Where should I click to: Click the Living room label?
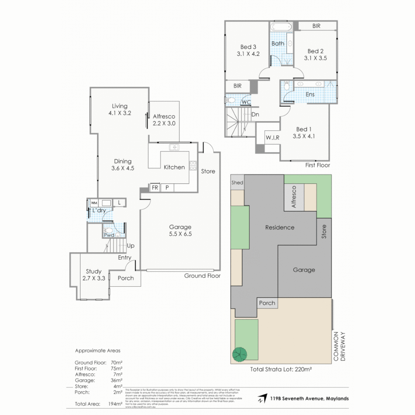coord(120,110)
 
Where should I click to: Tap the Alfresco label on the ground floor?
coord(164,120)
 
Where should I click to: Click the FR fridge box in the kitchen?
coord(155,188)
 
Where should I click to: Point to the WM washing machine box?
coord(94,203)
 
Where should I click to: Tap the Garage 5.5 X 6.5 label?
coord(180,230)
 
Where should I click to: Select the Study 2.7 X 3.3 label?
coord(94,275)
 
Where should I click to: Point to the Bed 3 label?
coord(248,50)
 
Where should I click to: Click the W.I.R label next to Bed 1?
coord(272,138)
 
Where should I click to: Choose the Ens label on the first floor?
coord(310,94)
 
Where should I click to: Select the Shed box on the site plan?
coord(237,183)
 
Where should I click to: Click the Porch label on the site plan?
coord(267,303)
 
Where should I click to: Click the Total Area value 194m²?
coord(115,404)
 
